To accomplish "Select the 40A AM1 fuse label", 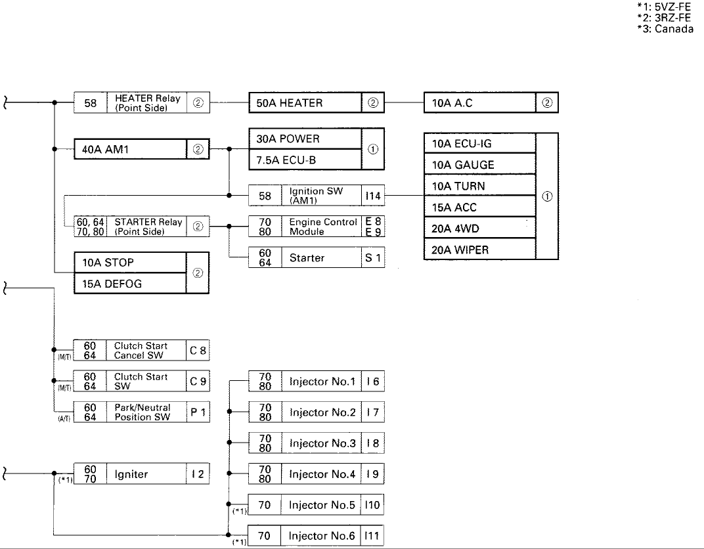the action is pos(105,150).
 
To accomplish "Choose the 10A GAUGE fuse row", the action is pos(480,165).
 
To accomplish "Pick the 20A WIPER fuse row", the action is pos(480,250).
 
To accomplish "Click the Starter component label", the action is pos(307,257).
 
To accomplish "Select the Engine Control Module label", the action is pos(323,227).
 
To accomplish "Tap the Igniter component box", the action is pos(141,474).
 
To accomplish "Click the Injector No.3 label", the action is pos(322,443).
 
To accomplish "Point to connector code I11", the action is pos(372,536).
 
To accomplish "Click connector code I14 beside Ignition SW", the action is pos(372,196).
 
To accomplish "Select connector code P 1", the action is pos(198,412).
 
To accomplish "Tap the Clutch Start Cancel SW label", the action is pos(141,351).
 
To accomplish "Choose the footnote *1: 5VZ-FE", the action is pos(664,7).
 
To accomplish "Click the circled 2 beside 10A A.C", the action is pos(547,103).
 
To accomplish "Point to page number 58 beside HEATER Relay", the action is pos(90,103).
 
